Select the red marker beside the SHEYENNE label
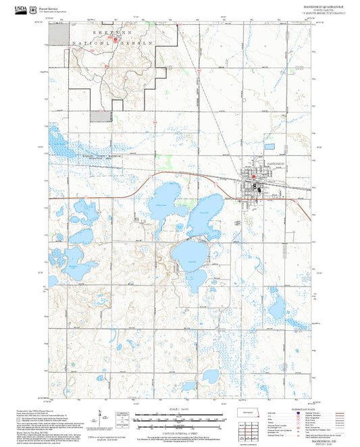click(x=115, y=38)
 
